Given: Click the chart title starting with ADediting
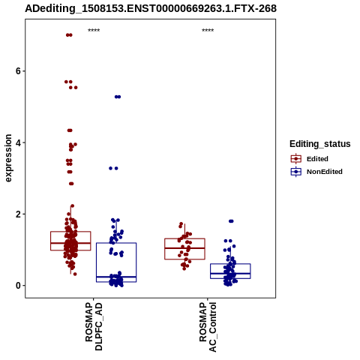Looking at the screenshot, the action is coord(151,8).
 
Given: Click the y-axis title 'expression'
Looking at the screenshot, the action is coord(8,158).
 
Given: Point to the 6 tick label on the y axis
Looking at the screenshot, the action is coord(18,71).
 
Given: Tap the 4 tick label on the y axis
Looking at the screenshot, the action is coord(18,142).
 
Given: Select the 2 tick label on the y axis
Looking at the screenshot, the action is coord(18,214).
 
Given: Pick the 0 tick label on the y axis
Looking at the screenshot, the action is coord(18,286).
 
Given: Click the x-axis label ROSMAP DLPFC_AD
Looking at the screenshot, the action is coord(94,326).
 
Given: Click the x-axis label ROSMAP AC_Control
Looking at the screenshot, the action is coord(208,327).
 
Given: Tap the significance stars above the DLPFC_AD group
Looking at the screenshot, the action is coord(94,31).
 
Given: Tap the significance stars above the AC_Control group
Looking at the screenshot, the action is coord(208,31).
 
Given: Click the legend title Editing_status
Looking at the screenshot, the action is coord(320,144).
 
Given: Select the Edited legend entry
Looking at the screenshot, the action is coord(309,159).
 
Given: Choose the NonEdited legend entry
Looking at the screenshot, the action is coord(316,172).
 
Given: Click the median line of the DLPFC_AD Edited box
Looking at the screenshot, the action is coord(70,243).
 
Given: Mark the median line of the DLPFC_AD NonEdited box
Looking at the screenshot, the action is coord(116,277).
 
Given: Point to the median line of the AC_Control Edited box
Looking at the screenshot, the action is coord(184,248).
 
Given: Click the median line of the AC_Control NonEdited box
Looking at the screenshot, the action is coord(230,274).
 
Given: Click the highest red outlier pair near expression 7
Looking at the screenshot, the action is coord(69,35).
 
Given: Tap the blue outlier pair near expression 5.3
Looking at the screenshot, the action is coord(118,97).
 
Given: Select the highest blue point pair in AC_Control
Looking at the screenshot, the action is coord(231,221).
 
